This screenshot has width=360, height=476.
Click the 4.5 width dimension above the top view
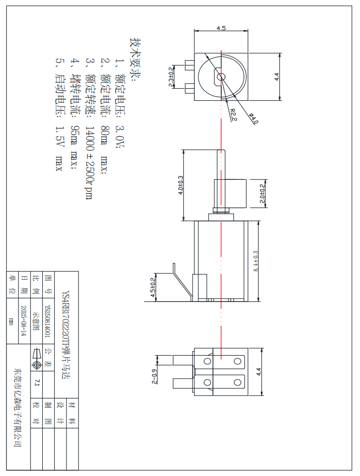click(x=221, y=28)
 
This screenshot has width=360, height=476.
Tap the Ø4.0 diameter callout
click(x=254, y=118)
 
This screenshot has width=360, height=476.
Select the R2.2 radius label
click(x=233, y=115)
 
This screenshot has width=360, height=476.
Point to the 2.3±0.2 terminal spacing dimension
click(x=172, y=76)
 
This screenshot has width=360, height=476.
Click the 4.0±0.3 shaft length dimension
click(x=181, y=185)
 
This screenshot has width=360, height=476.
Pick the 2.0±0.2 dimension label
click(x=262, y=194)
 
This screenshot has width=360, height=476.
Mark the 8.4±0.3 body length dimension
click(x=256, y=261)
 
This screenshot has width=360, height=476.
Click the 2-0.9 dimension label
click(x=155, y=377)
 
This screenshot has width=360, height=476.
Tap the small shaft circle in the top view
click(x=221, y=77)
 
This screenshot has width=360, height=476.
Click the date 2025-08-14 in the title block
click(x=23, y=321)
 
